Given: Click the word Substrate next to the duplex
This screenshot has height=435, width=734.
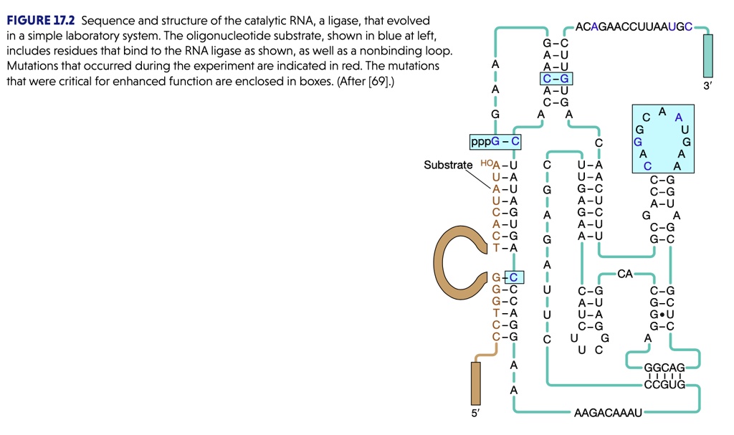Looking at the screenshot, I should pyautogui.click(x=448, y=166).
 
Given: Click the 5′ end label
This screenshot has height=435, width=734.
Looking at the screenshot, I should pyautogui.click(x=476, y=414).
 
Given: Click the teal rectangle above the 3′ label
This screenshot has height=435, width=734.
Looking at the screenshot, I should pyautogui.click(x=708, y=56).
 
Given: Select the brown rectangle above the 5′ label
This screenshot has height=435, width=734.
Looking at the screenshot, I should pyautogui.click(x=475, y=383).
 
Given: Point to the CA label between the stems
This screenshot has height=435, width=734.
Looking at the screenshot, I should pyautogui.click(x=624, y=273).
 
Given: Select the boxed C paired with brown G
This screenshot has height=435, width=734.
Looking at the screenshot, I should pyautogui.click(x=515, y=277).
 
